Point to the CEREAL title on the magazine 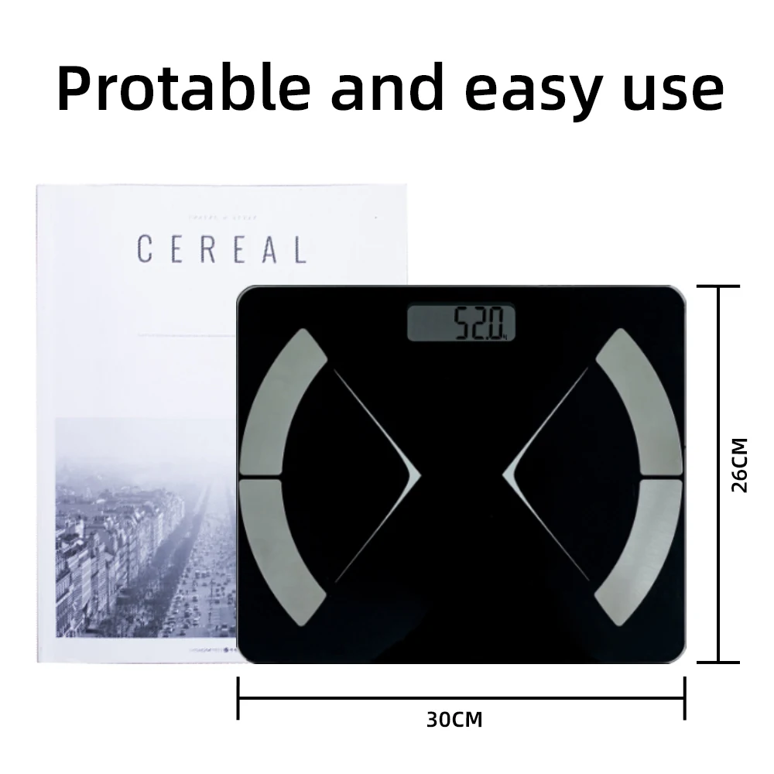click(x=221, y=249)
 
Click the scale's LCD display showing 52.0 click(x=461, y=322)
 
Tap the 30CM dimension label click(x=454, y=720)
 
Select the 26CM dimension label click(x=740, y=465)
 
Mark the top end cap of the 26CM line click(x=719, y=287)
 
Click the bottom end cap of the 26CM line click(x=719, y=662)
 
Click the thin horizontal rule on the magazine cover click(x=186, y=335)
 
